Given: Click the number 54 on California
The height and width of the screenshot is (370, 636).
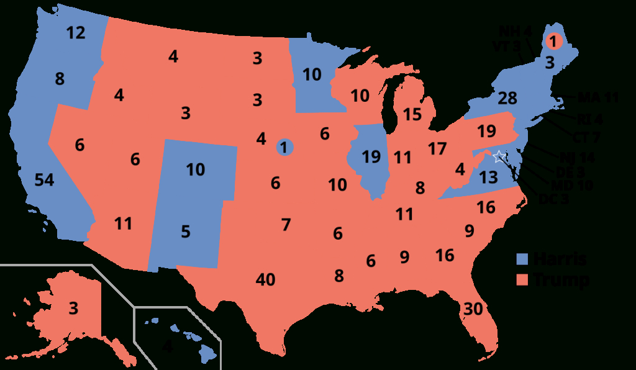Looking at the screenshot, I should (44, 180).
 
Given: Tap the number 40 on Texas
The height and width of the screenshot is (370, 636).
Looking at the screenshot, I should (265, 280).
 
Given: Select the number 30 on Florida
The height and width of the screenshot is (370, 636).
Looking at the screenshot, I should (473, 309).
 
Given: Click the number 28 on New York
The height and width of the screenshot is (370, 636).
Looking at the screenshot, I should (507, 98).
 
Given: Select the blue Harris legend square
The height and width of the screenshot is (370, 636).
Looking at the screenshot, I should (523, 259).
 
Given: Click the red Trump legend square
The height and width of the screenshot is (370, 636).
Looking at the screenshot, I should (523, 280).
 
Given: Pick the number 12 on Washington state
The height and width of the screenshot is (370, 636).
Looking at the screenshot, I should (75, 33).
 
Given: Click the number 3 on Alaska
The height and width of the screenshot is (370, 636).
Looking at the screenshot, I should (73, 307).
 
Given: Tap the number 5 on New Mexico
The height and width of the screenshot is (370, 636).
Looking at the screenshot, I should (186, 232).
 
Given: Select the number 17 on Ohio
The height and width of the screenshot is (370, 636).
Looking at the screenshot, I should (437, 149).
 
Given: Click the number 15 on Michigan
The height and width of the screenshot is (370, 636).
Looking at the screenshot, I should (411, 114).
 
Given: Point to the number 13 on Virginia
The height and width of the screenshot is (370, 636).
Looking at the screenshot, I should (489, 178).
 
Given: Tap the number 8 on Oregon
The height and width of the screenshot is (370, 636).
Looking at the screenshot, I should (60, 79).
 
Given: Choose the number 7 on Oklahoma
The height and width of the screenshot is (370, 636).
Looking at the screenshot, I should (286, 225).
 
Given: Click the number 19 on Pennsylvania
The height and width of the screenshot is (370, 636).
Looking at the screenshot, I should (487, 132).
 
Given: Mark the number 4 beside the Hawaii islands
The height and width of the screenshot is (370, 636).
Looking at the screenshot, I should (167, 347).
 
